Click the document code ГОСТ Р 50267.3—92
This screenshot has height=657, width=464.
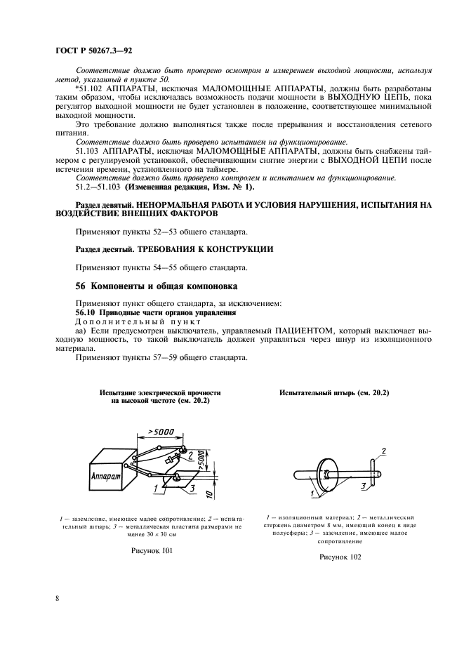point(95,51)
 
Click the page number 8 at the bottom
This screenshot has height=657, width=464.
point(57,598)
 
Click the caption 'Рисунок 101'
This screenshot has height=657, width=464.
point(152,551)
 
